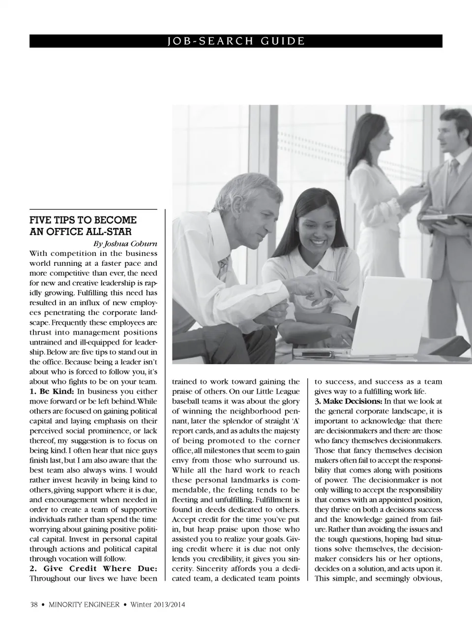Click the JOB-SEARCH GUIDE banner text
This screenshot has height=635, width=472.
[x=236, y=41]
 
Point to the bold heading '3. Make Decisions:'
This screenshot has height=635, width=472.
[x=348, y=401]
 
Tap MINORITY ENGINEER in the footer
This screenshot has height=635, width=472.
[x=84, y=605]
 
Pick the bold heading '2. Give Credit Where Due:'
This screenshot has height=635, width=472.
[x=93, y=569]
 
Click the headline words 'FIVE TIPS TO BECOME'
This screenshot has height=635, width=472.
[x=83, y=220]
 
